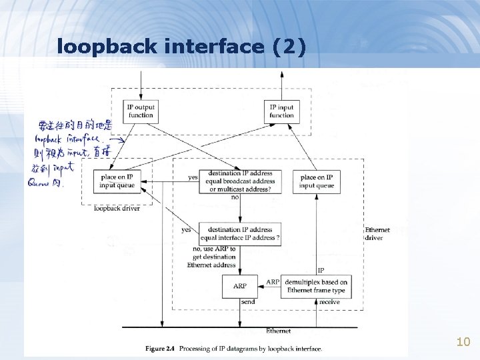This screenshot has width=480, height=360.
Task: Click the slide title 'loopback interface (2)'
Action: pyautogui.click(x=181, y=47)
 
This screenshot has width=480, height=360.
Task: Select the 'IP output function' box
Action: pyautogui.click(x=141, y=111)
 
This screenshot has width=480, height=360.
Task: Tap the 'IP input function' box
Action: pyautogui.click(x=281, y=111)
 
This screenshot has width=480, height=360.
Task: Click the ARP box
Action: pyautogui.click(x=239, y=286)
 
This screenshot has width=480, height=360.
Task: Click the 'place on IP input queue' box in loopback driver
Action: pyautogui.click(x=117, y=181)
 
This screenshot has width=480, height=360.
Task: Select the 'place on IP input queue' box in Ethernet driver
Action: pyautogui.click(x=317, y=181)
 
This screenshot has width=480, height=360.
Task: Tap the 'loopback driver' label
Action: pyautogui.click(x=117, y=209)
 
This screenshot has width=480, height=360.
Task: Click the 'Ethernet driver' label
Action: pyautogui.click(x=377, y=233)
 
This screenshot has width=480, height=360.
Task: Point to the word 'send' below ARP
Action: pyautogui.click(x=247, y=302)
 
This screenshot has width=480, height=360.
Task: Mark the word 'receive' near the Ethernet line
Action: pyautogui.click(x=329, y=302)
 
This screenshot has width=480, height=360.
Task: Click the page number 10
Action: pyautogui.click(x=463, y=342)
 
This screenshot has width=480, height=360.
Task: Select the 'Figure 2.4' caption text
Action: pyautogui.click(x=233, y=349)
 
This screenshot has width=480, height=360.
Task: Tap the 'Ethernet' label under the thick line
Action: pyautogui.click(x=278, y=331)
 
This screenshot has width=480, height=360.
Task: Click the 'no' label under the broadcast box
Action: pyautogui.click(x=235, y=197)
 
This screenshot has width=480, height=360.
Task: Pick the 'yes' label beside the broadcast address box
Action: pyautogui.click(x=193, y=177)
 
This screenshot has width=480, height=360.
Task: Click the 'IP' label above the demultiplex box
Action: pyautogui.click(x=321, y=271)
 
